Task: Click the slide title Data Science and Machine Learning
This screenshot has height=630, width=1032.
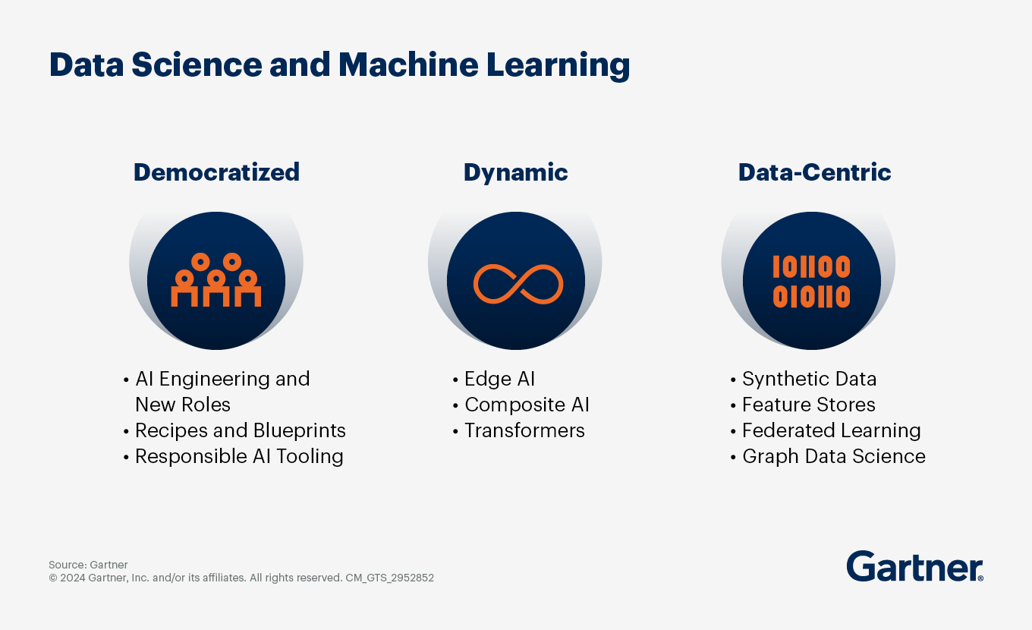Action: (x=339, y=65)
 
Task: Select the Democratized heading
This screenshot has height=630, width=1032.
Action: (x=216, y=172)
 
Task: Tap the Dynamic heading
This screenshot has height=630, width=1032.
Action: (x=515, y=172)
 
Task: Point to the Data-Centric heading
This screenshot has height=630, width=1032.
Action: (x=814, y=172)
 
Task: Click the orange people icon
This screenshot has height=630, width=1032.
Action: (x=216, y=280)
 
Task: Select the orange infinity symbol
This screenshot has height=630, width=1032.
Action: (x=518, y=284)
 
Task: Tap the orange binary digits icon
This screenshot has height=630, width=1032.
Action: (x=811, y=282)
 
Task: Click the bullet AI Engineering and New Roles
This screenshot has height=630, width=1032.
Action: (x=222, y=391)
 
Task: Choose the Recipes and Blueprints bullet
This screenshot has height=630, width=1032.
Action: (x=240, y=430)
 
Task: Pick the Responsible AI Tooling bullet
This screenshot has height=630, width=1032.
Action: (x=238, y=456)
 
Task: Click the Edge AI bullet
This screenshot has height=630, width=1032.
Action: (x=499, y=379)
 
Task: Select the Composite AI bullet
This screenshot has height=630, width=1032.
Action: (x=527, y=405)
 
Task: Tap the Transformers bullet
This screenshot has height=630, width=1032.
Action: (x=524, y=430)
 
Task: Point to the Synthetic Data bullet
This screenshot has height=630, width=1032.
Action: (x=809, y=379)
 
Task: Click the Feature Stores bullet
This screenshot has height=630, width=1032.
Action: (x=808, y=405)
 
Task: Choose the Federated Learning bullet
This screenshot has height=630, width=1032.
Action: (x=831, y=430)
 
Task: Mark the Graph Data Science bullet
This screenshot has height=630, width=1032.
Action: (x=833, y=456)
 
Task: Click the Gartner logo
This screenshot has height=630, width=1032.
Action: (x=914, y=566)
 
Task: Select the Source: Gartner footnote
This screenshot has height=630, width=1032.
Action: (x=88, y=565)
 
